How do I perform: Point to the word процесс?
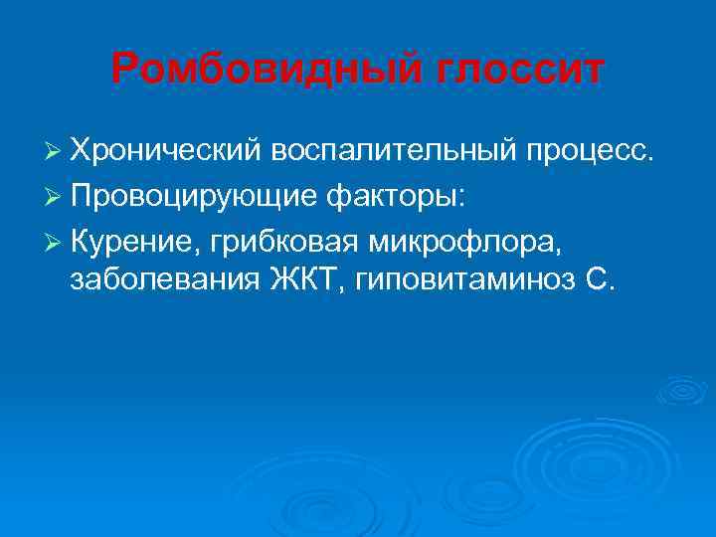(591, 152)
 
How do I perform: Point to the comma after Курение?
(198, 245)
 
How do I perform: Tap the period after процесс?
(652, 157)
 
